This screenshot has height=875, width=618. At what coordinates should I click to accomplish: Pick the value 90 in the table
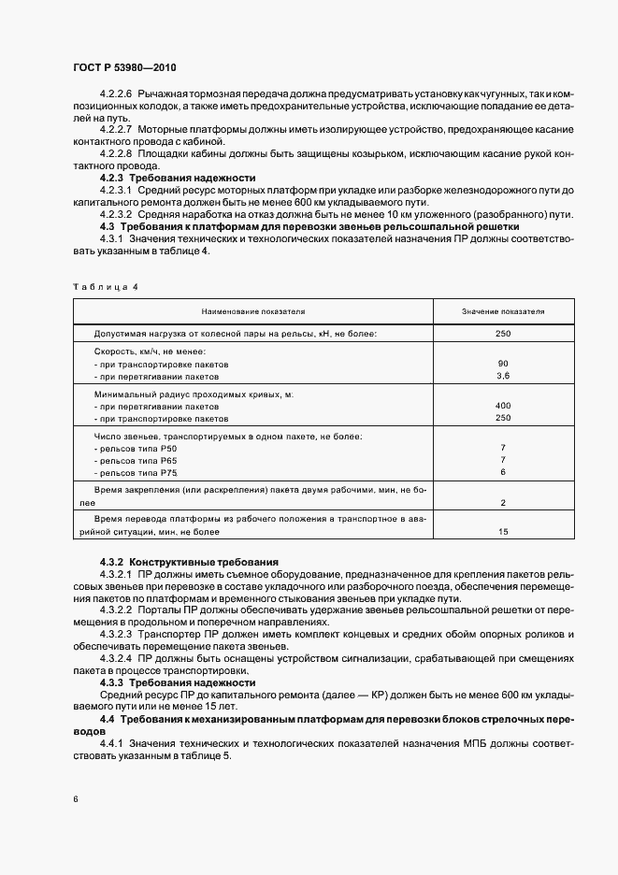click(503, 363)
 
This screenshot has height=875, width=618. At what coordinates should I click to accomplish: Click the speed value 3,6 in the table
click(503, 376)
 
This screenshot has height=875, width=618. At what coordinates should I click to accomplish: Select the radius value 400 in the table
click(503, 407)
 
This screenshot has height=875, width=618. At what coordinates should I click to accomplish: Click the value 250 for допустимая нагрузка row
click(503, 333)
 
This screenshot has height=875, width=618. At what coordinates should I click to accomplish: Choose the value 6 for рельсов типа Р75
click(503, 472)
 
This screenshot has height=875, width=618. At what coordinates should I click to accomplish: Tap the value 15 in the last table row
click(503, 531)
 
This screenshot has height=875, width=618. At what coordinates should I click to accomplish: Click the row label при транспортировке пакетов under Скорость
click(157, 363)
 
